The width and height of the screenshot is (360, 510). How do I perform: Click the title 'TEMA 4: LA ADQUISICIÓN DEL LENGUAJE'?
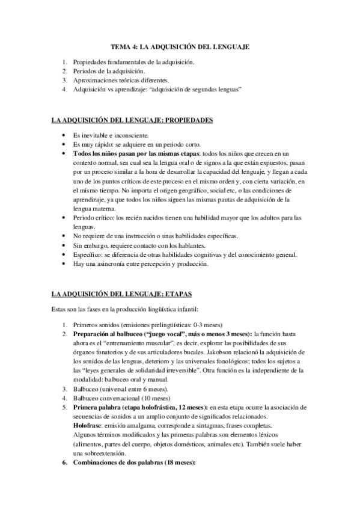coord(180,46)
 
